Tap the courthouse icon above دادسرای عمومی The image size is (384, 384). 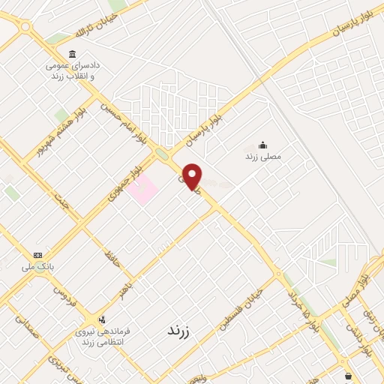[73, 54]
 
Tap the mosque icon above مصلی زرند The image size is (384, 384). [262, 145]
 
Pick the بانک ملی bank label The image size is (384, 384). [37, 265]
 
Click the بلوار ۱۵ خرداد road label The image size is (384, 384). [301, 307]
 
